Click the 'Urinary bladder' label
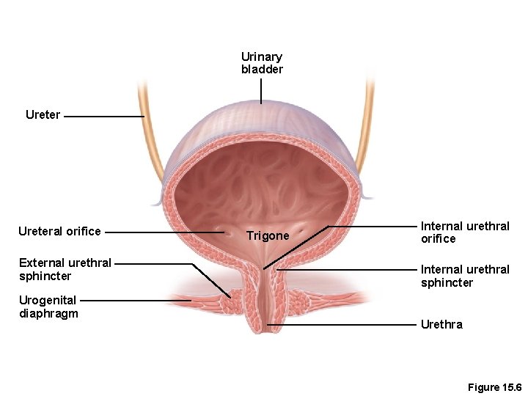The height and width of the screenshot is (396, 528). (x=262, y=63)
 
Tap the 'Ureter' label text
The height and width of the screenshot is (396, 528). (x=43, y=115)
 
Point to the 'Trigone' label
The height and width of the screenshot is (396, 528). (x=268, y=236)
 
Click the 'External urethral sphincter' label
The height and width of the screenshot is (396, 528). (x=65, y=269)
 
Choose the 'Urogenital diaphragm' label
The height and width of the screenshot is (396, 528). (x=48, y=307)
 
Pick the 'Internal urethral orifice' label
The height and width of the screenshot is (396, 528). (x=465, y=232)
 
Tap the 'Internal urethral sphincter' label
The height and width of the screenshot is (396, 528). (x=465, y=276)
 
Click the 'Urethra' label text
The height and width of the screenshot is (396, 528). (x=441, y=324)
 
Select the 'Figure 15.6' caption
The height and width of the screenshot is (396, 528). (x=494, y=387)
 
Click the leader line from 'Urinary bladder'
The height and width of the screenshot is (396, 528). (x=261, y=92)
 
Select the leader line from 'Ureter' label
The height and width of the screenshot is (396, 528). (x=103, y=116)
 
